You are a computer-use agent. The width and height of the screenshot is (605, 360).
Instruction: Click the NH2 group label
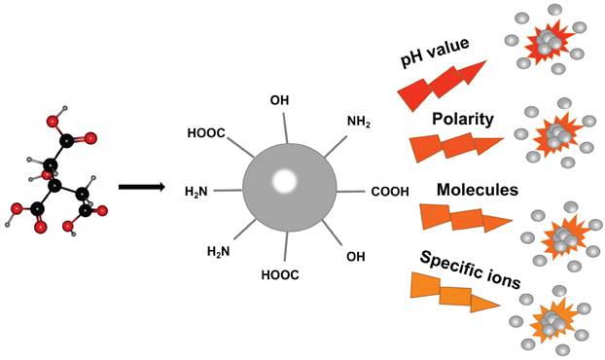pyautogui.click(x=358, y=122)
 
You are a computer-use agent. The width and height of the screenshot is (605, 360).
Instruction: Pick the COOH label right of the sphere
pyautogui.click(x=390, y=191)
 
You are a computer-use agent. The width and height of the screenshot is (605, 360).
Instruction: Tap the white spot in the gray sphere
pyautogui.click(x=285, y=180)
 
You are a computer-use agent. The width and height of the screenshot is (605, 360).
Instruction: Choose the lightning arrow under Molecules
pyautogui.click(x=462, y=217)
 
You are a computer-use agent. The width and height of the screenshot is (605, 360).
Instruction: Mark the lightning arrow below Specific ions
pyautogui.click(x=457, y=292)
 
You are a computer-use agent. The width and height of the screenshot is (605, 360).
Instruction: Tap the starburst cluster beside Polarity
pyautogui.click(x=557, y=133)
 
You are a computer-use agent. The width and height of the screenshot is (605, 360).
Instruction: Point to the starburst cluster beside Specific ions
pyautogui.click(x=552, y=316)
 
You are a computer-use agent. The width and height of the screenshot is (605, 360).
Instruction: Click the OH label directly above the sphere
pyautogui.click(x=279, y=101)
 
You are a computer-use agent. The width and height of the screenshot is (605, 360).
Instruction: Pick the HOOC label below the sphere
pyautogui.click(x=280, y=275)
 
